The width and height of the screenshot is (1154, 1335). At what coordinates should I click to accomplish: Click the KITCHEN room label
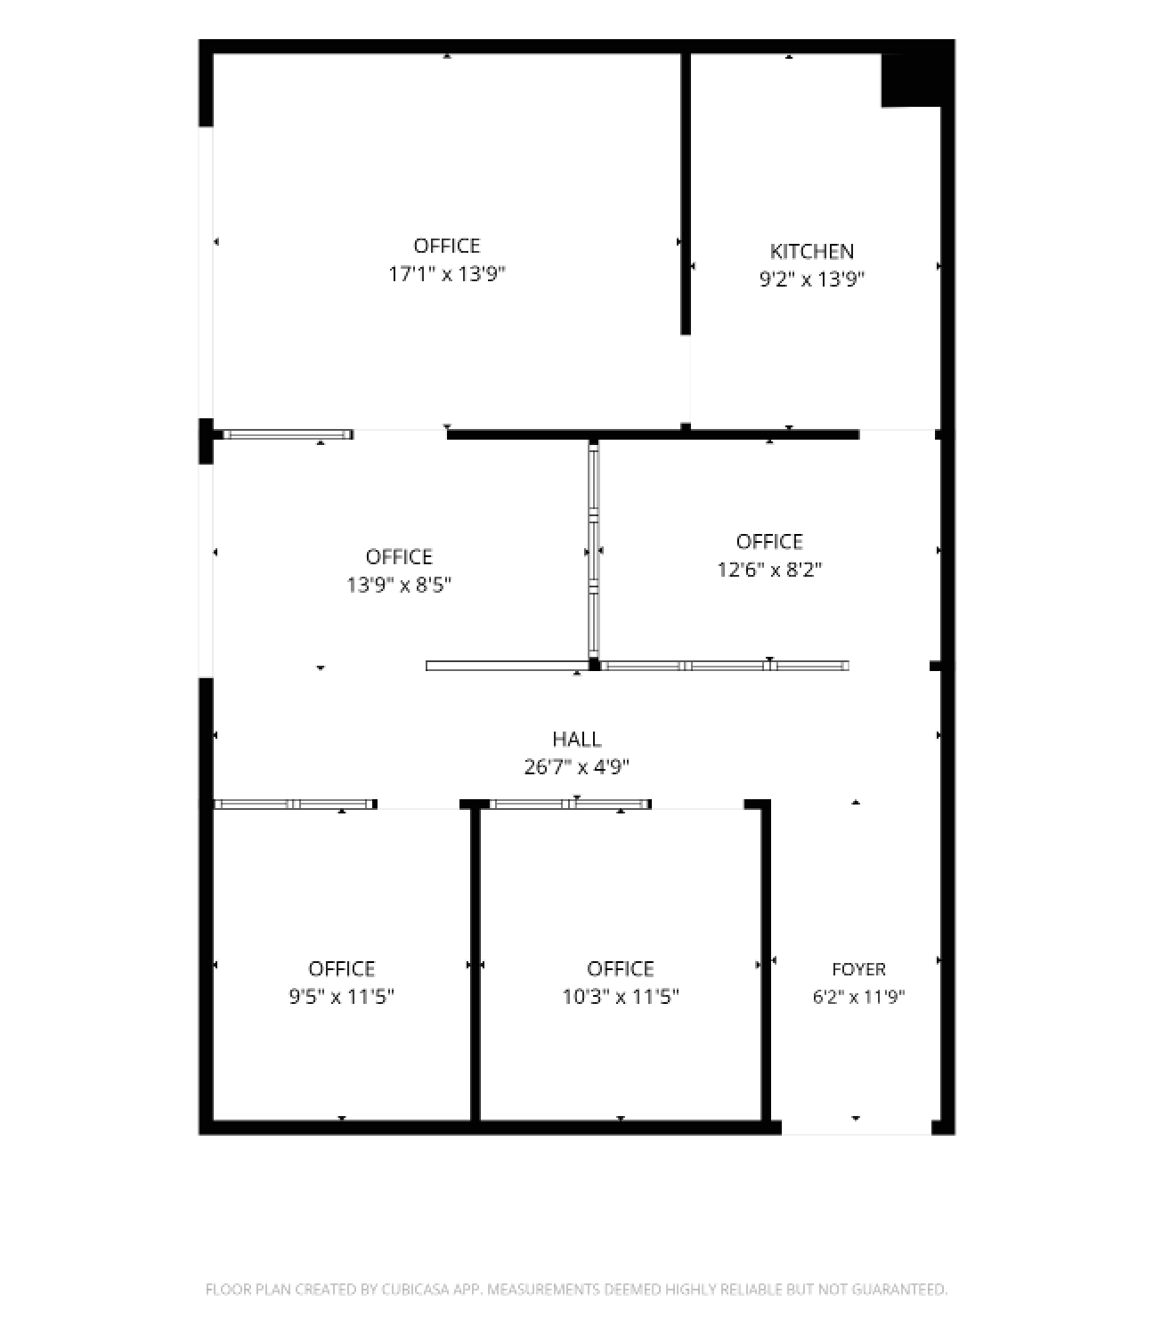click(x=811, y=251)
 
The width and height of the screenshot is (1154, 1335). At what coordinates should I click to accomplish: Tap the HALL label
click(x=576, y=739)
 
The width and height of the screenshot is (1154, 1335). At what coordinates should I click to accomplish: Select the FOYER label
click(x=858, y=969)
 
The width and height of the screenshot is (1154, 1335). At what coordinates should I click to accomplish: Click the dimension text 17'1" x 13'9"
click(x=446, y=274)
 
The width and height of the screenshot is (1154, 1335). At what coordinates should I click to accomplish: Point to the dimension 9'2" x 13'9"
click(x=811, y=279)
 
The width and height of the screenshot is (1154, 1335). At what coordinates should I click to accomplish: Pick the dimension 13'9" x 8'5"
click(x=399, y=585)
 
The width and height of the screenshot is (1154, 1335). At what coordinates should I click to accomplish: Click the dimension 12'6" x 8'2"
click(x=769, y=569)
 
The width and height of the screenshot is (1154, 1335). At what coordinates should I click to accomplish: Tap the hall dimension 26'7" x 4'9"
click(x=576, y=766)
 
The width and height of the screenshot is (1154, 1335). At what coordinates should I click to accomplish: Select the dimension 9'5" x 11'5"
click(x=341, y=997)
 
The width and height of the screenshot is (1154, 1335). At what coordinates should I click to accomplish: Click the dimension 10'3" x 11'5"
click(x=621, y=997)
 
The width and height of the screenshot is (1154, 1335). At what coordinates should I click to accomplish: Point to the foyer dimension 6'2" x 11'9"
click(x=858, y=997)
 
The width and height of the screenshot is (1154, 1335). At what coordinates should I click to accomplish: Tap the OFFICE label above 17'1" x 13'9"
click(x=446, y=246)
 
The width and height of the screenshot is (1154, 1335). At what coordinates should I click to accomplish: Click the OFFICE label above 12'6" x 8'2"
click(x=769, y=541)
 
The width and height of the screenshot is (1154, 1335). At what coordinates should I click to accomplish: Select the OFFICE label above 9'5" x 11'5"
click(x=341, y=969)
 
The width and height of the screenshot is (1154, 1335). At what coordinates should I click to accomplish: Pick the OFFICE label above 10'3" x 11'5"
click(x=621, y=969)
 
